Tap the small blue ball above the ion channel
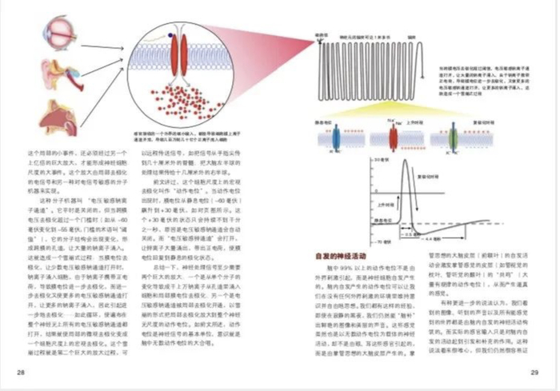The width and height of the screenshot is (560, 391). [x=171, y=34]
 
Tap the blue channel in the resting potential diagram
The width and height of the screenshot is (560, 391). [x=337, y=138]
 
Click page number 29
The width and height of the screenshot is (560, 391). [x=534, y=373]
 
